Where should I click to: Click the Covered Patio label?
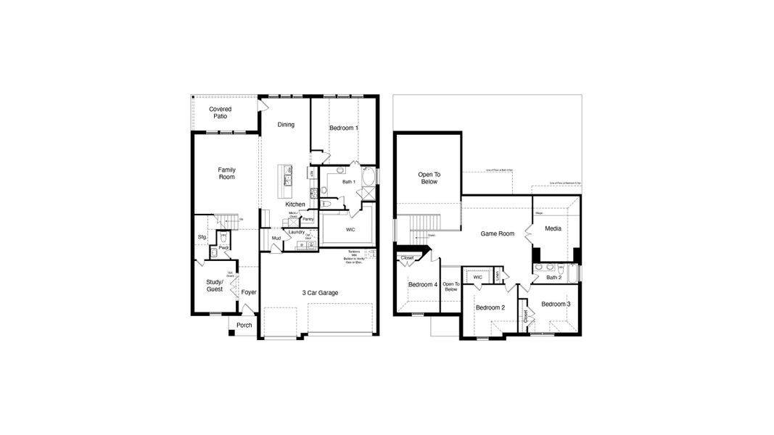pos(220,112)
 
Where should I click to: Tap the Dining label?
pos(286,125)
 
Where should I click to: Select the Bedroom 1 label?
pos(343,128)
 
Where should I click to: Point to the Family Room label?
pos(227,173)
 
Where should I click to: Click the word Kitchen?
pos(295,204)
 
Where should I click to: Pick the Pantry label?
pos(308,219)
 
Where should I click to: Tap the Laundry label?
pos(297,232)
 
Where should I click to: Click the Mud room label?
pos(276,238)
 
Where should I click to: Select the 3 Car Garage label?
pos(321,293)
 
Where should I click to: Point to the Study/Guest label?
pos(214,285)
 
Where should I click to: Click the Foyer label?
pos(249,293)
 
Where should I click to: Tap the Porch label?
pos(244,325)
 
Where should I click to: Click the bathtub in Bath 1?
pos(369,177)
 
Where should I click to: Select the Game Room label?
pos(498,233)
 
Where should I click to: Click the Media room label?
pos(553,228)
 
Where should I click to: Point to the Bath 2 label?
pos(554,278)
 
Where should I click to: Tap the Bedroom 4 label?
pos(423,285)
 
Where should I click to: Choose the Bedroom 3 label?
pos(555,304)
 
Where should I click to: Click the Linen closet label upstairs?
pos(498,276)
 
